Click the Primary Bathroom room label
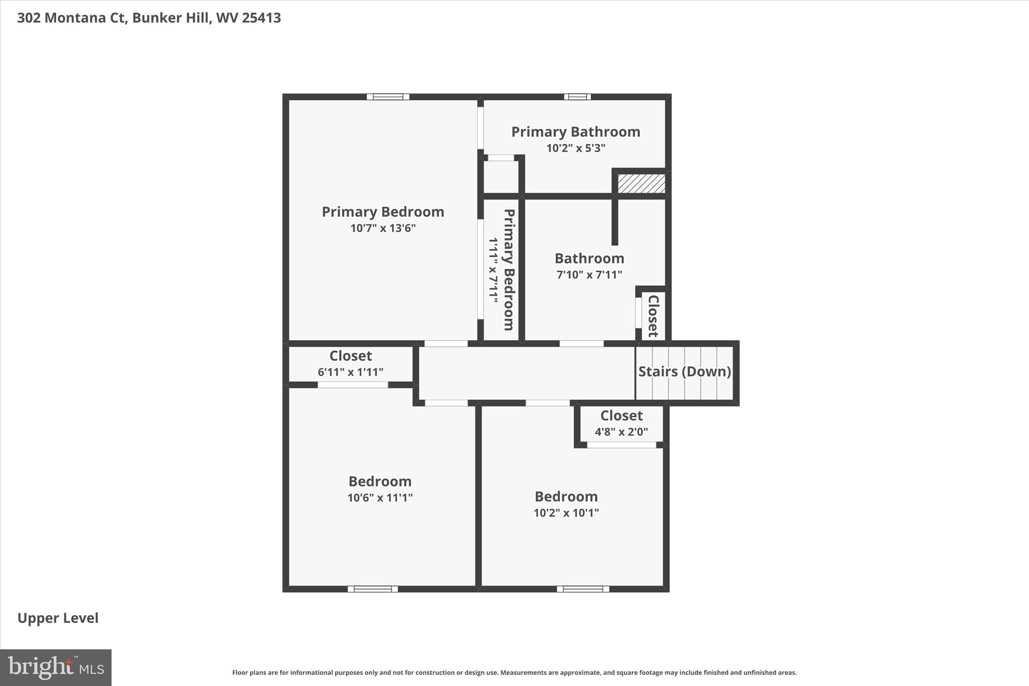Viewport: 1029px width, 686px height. (575, 132)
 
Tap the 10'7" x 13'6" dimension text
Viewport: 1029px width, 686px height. (383, 228)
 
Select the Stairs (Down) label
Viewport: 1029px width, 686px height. (684, 371)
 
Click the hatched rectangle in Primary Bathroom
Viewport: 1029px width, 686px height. (641, 183)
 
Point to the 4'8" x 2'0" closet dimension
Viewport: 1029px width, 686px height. (621, 432)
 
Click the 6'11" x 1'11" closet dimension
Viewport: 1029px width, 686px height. (350, 372)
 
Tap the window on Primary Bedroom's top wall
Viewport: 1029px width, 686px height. (387, 97)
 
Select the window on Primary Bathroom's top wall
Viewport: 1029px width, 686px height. (577, 97)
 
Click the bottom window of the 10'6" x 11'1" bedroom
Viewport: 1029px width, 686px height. (372, 589)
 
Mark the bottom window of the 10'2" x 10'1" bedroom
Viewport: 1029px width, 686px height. (582, 589)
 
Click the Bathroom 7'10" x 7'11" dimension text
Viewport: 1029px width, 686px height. (589, 275)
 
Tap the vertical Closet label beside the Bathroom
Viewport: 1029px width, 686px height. (653, 316)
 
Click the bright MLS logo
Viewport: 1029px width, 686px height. (56, 667)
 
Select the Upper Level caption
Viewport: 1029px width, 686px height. (58, 618)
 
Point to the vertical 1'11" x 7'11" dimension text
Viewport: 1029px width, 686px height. (493, 270)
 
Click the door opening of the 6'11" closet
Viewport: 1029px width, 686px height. (353, 385)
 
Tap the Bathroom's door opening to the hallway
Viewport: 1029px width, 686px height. (581, 344)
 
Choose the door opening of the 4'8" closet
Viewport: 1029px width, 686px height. (622, 445)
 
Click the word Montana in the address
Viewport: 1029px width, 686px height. (82, 18)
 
